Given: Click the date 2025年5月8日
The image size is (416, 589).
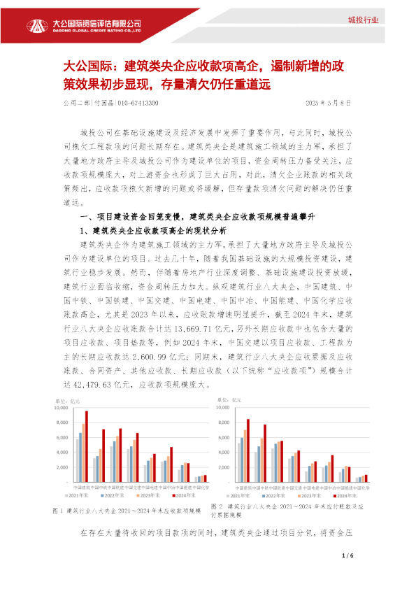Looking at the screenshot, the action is [x=329, y=103].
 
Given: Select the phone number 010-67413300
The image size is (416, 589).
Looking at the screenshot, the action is [x=137, y=103].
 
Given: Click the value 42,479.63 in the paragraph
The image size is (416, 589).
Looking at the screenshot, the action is [x=95, y=384].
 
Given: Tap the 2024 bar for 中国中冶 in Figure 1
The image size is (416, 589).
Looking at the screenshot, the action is [x=171, y=464].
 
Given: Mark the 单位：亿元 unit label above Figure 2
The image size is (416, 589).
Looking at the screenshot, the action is [x=229, y=399].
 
